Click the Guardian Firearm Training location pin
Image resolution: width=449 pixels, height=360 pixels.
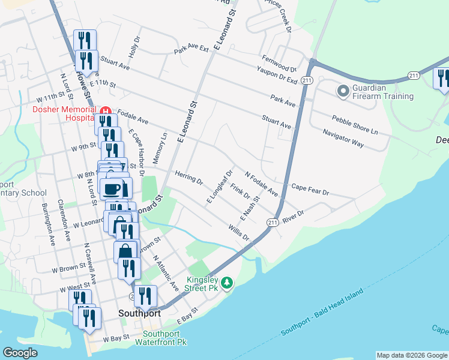click(x=343, y=91)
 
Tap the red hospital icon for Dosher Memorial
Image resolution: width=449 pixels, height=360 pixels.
click(x=106, y=111)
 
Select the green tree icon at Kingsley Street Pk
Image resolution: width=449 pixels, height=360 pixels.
click(x=227, y=282)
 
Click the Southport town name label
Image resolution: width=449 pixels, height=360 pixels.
click(x=139, y=313)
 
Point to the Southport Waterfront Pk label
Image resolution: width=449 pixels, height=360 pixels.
click(x=166, y=338)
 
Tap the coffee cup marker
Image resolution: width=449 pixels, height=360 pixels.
click(x=112, y=189)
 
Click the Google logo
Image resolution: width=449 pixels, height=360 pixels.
click(x=20, y=353)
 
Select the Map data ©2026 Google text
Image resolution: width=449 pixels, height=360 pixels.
click(x=411, y=355)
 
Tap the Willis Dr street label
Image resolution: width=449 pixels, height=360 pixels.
click(x=238, y=233)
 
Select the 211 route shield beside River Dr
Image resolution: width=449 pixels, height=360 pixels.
click(x=272, y=223)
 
